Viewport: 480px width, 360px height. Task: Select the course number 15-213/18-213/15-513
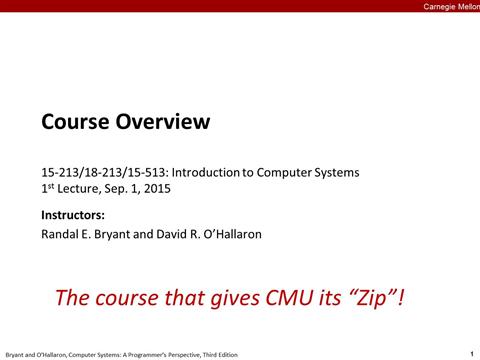(x=105, y=172)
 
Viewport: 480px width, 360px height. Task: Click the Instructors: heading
(x=73, y=215)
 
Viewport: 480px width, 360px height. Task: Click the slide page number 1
(x=470, y=353)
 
